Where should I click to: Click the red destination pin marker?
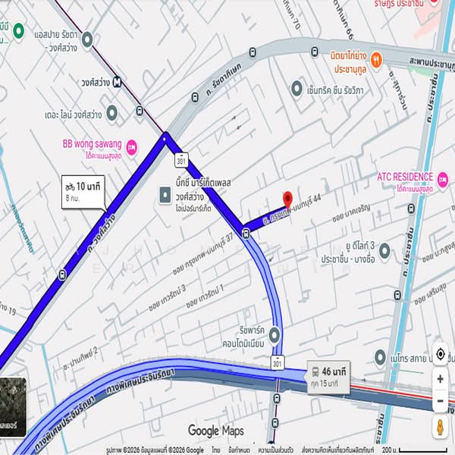[287, 199]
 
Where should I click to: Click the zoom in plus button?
[440, 378]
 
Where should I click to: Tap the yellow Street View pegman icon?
[440, 426]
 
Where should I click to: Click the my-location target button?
[440, 354]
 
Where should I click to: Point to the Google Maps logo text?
[216, 431]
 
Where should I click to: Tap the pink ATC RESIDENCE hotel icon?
[442, 177]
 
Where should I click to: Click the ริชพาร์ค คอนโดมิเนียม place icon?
[275, 334]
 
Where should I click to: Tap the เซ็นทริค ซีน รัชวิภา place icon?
[297, 88]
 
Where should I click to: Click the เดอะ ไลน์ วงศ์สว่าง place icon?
[111, 114]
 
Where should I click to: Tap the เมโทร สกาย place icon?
[381, 356]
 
